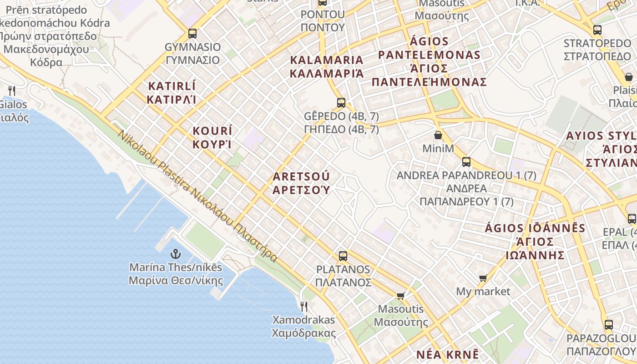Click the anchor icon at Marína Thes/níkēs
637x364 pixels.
point(175,254)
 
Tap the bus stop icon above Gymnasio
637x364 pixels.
point(192,34)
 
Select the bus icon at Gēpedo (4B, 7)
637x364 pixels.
point(341,103)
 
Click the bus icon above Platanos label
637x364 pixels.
point(343,256)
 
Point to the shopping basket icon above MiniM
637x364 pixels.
point(438,135)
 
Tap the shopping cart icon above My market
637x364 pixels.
point(483,278)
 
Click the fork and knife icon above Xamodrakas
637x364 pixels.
point(303,306)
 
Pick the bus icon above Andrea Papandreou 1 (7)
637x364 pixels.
point(466,162)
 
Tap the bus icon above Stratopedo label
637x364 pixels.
point(597,30)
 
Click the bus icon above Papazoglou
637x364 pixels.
point(608,325)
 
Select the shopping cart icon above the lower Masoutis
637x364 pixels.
point(400,296)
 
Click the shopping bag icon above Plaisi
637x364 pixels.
point(628,77)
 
